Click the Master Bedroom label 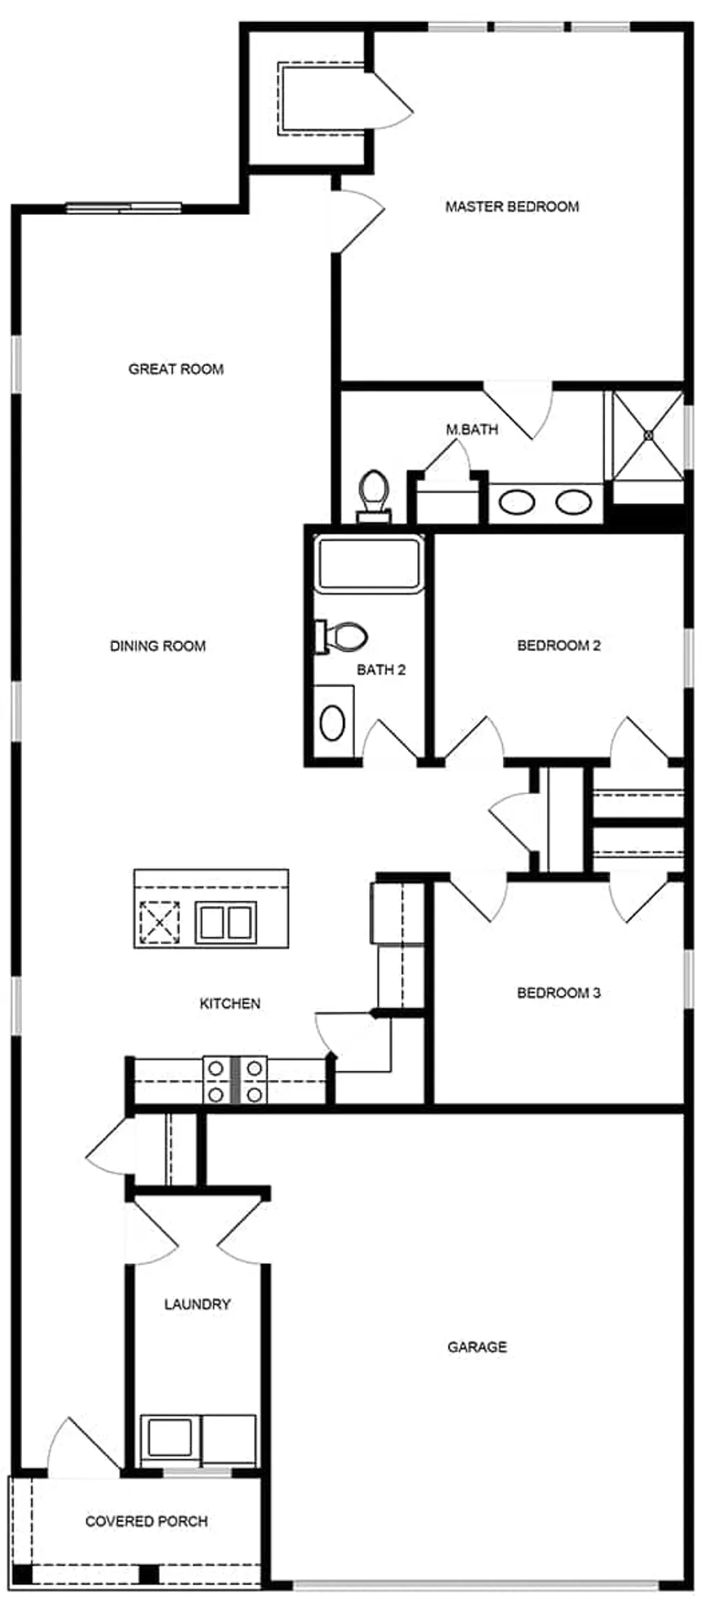pyautogui.click(x=512, y=207)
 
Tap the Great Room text pyautogui.click(x=175, y=369)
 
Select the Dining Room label pyautogui.click(x=158, y=646)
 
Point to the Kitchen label pyautogui.click(x=230, y=1003)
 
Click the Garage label pyautogui.click(x=477, y=1346)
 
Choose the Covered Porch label pyautogui.click(x=147, y=1521)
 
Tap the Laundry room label pyautogui.click(x=198, y=1304)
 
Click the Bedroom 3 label pyautogui.click(x=559, y=993)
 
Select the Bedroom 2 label pyautogui.click(x=559, y=645)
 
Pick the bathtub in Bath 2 pyautogui.click(x=369, y=563)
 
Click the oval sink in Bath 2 pyautogui.click(x=332, y=722)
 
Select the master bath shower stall pyautogui.click(x=648, y=435)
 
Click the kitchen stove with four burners pyautogui.click(x=235, y=1080)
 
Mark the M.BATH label pyautogui.click(x=472, y=429)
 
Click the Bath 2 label pyautogui.click(x=381, y=670)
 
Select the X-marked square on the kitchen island pyautogui.click(x=159, y=922)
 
